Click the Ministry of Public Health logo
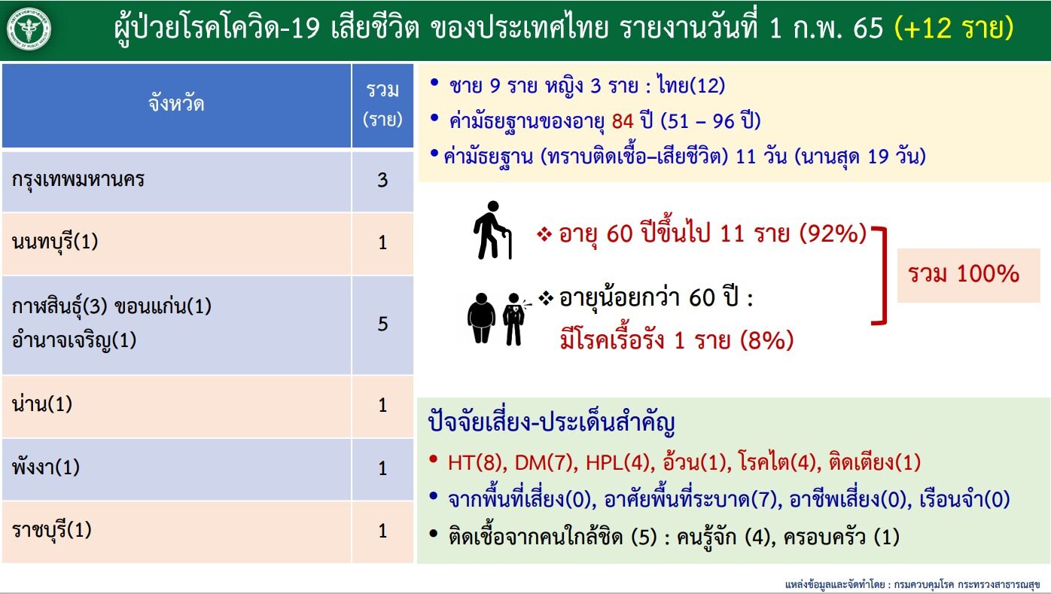[29, 29]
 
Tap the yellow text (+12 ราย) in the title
[954, 28]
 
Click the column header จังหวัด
[176, 104]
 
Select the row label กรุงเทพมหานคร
[78, 180]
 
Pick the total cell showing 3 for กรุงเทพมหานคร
[382, 181]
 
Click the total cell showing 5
[382, 324]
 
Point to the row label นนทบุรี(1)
[55, 242]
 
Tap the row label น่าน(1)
[42, 404]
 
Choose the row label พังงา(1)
[46, 468]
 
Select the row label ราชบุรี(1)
[52, 530]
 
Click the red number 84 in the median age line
[623, 121]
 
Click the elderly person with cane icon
[492, 230]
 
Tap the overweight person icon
[481, 318]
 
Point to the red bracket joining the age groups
[884, 276]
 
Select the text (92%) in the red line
[833, 233]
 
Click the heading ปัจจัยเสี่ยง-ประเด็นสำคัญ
[551, 423]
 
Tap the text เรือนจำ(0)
[964, 499]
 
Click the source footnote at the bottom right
[912, 585]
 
